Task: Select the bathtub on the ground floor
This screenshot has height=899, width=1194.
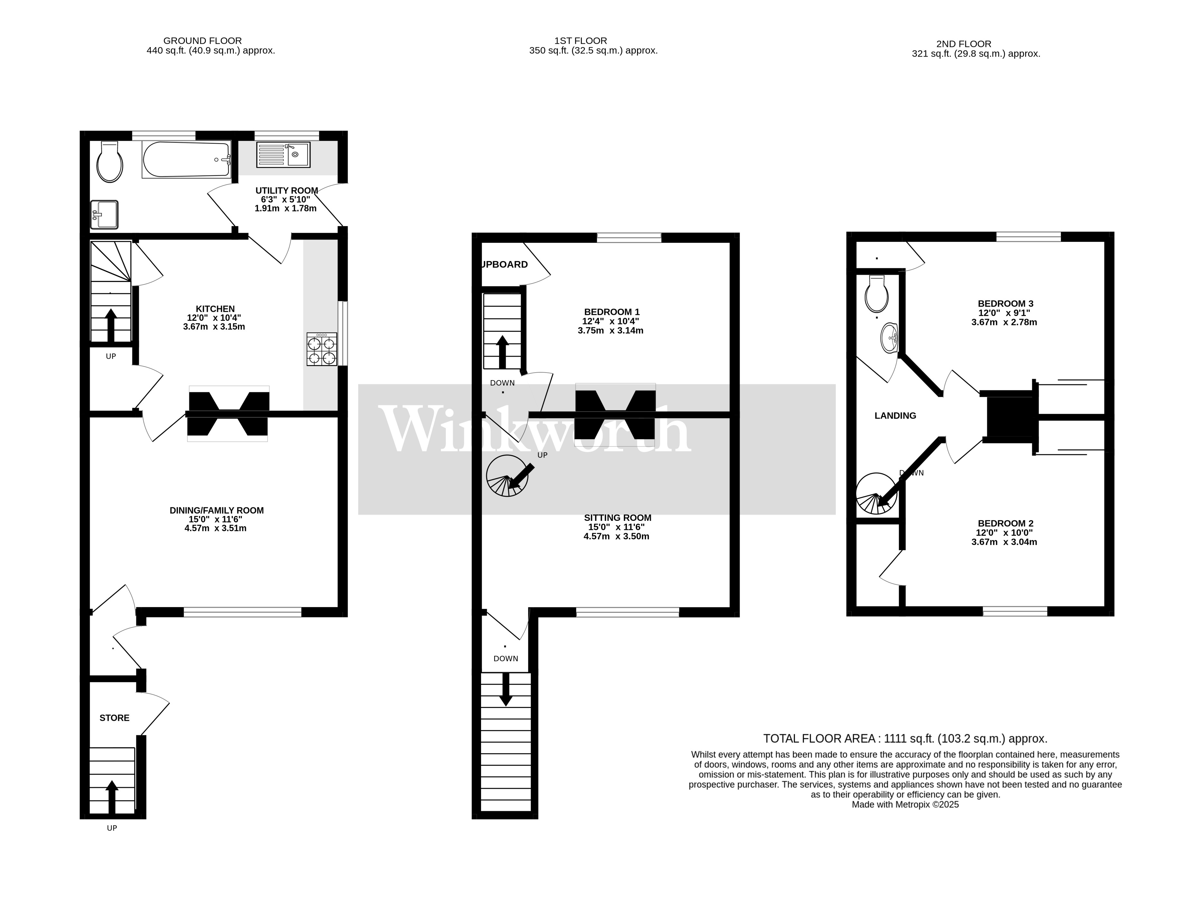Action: tap(186, 160)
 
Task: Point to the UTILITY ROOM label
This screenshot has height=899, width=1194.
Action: tap(286, 190)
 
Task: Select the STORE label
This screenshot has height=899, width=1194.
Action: tap(114, 718)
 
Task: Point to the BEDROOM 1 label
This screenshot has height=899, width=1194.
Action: tap(612, 312)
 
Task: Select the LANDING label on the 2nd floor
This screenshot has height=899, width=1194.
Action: tap(895, 415)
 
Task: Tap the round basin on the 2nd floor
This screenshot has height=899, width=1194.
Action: tap(889, 338)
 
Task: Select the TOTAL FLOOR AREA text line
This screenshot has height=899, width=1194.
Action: tap(905, 739)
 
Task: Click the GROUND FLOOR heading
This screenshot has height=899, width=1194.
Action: tap(202, 41)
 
